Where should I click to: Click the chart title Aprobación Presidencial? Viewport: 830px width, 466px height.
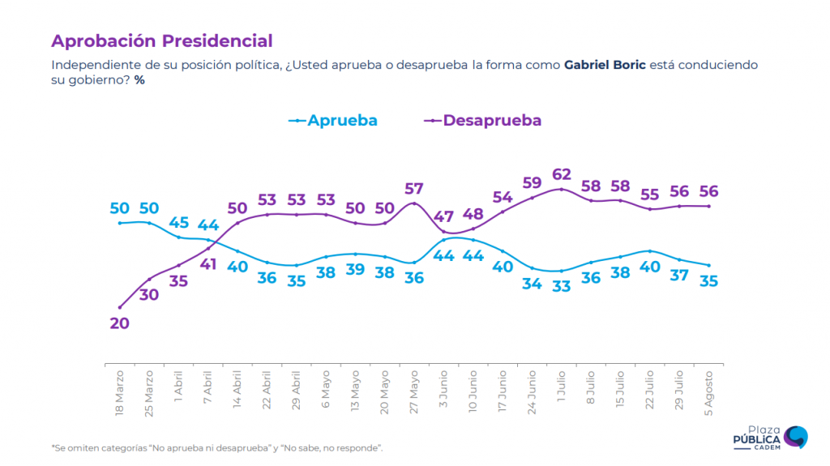pyautogui.click(x=162, y=41)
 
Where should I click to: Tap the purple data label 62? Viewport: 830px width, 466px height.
pyautogui.click(x=562, y=173)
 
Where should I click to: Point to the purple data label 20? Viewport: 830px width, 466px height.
pyautogui.click(x=119, y=323)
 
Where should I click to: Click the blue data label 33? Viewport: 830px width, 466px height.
pyautogui.click(x=562, y=285)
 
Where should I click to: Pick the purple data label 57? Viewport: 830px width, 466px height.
pyautogui.click(x=414, y=189)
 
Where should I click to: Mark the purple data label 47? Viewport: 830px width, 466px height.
pyautogui.click(x=443, y=216)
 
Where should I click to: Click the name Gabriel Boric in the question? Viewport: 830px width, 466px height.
pyautogui.click(x=605, y=65)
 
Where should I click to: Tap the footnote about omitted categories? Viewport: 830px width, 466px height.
pyautogui.click(x=217, y=448)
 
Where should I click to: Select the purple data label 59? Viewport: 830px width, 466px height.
pyautogui.click(x=533, y=182)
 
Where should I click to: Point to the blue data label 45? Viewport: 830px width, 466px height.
pyautogui.click(x=179, y=223)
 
